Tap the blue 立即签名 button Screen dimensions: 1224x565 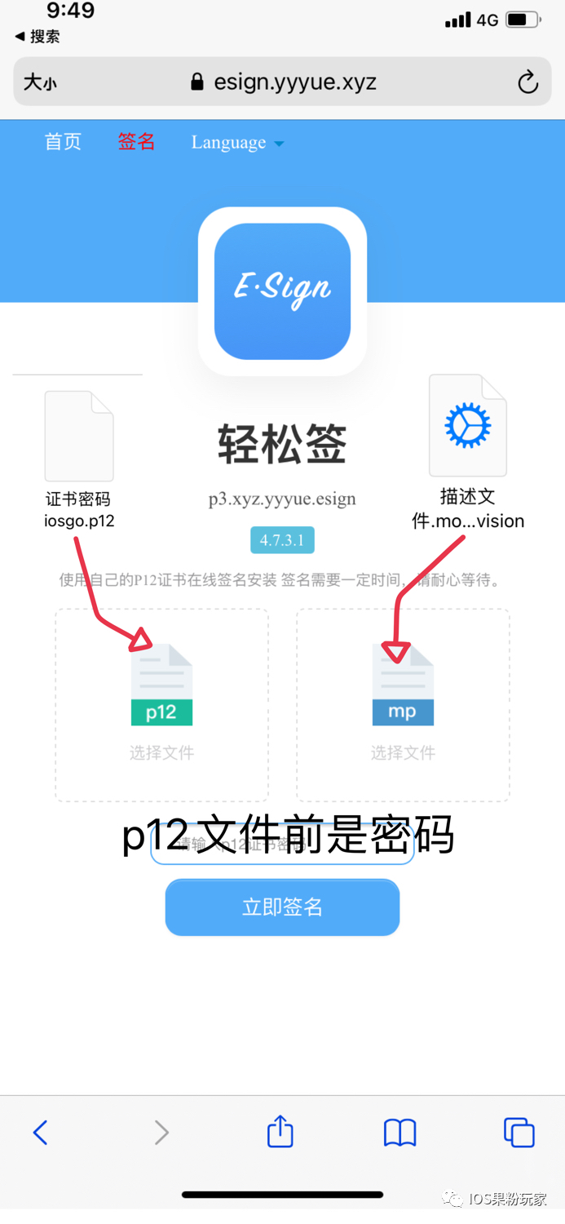(282, 907)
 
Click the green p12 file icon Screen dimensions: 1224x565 (161, 685)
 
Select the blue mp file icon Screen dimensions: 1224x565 (403, 685)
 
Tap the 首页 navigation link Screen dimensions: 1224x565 (63, 142)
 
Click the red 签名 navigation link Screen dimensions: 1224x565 (136, 142)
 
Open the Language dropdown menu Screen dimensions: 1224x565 (237, 143)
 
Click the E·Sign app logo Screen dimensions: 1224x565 (282, 290)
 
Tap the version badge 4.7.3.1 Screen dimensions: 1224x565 (282, 540)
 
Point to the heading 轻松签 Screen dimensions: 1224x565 (282, 446)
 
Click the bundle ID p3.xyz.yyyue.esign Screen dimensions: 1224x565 (282, 499)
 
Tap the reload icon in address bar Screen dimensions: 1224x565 (527, 82)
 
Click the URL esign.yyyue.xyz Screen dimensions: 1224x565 (294, 82)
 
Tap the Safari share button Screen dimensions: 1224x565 (280, 1132)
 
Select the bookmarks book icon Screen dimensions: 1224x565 (399, 1133)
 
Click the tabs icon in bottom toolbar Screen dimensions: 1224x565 (519, 1133)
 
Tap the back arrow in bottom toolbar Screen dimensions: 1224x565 (40, 1133)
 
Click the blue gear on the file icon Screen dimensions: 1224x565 (467, 425)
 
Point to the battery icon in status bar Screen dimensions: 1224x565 (523, 20)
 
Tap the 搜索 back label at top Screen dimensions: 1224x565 (38, 37)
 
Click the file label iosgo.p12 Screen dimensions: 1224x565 (79, 521)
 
